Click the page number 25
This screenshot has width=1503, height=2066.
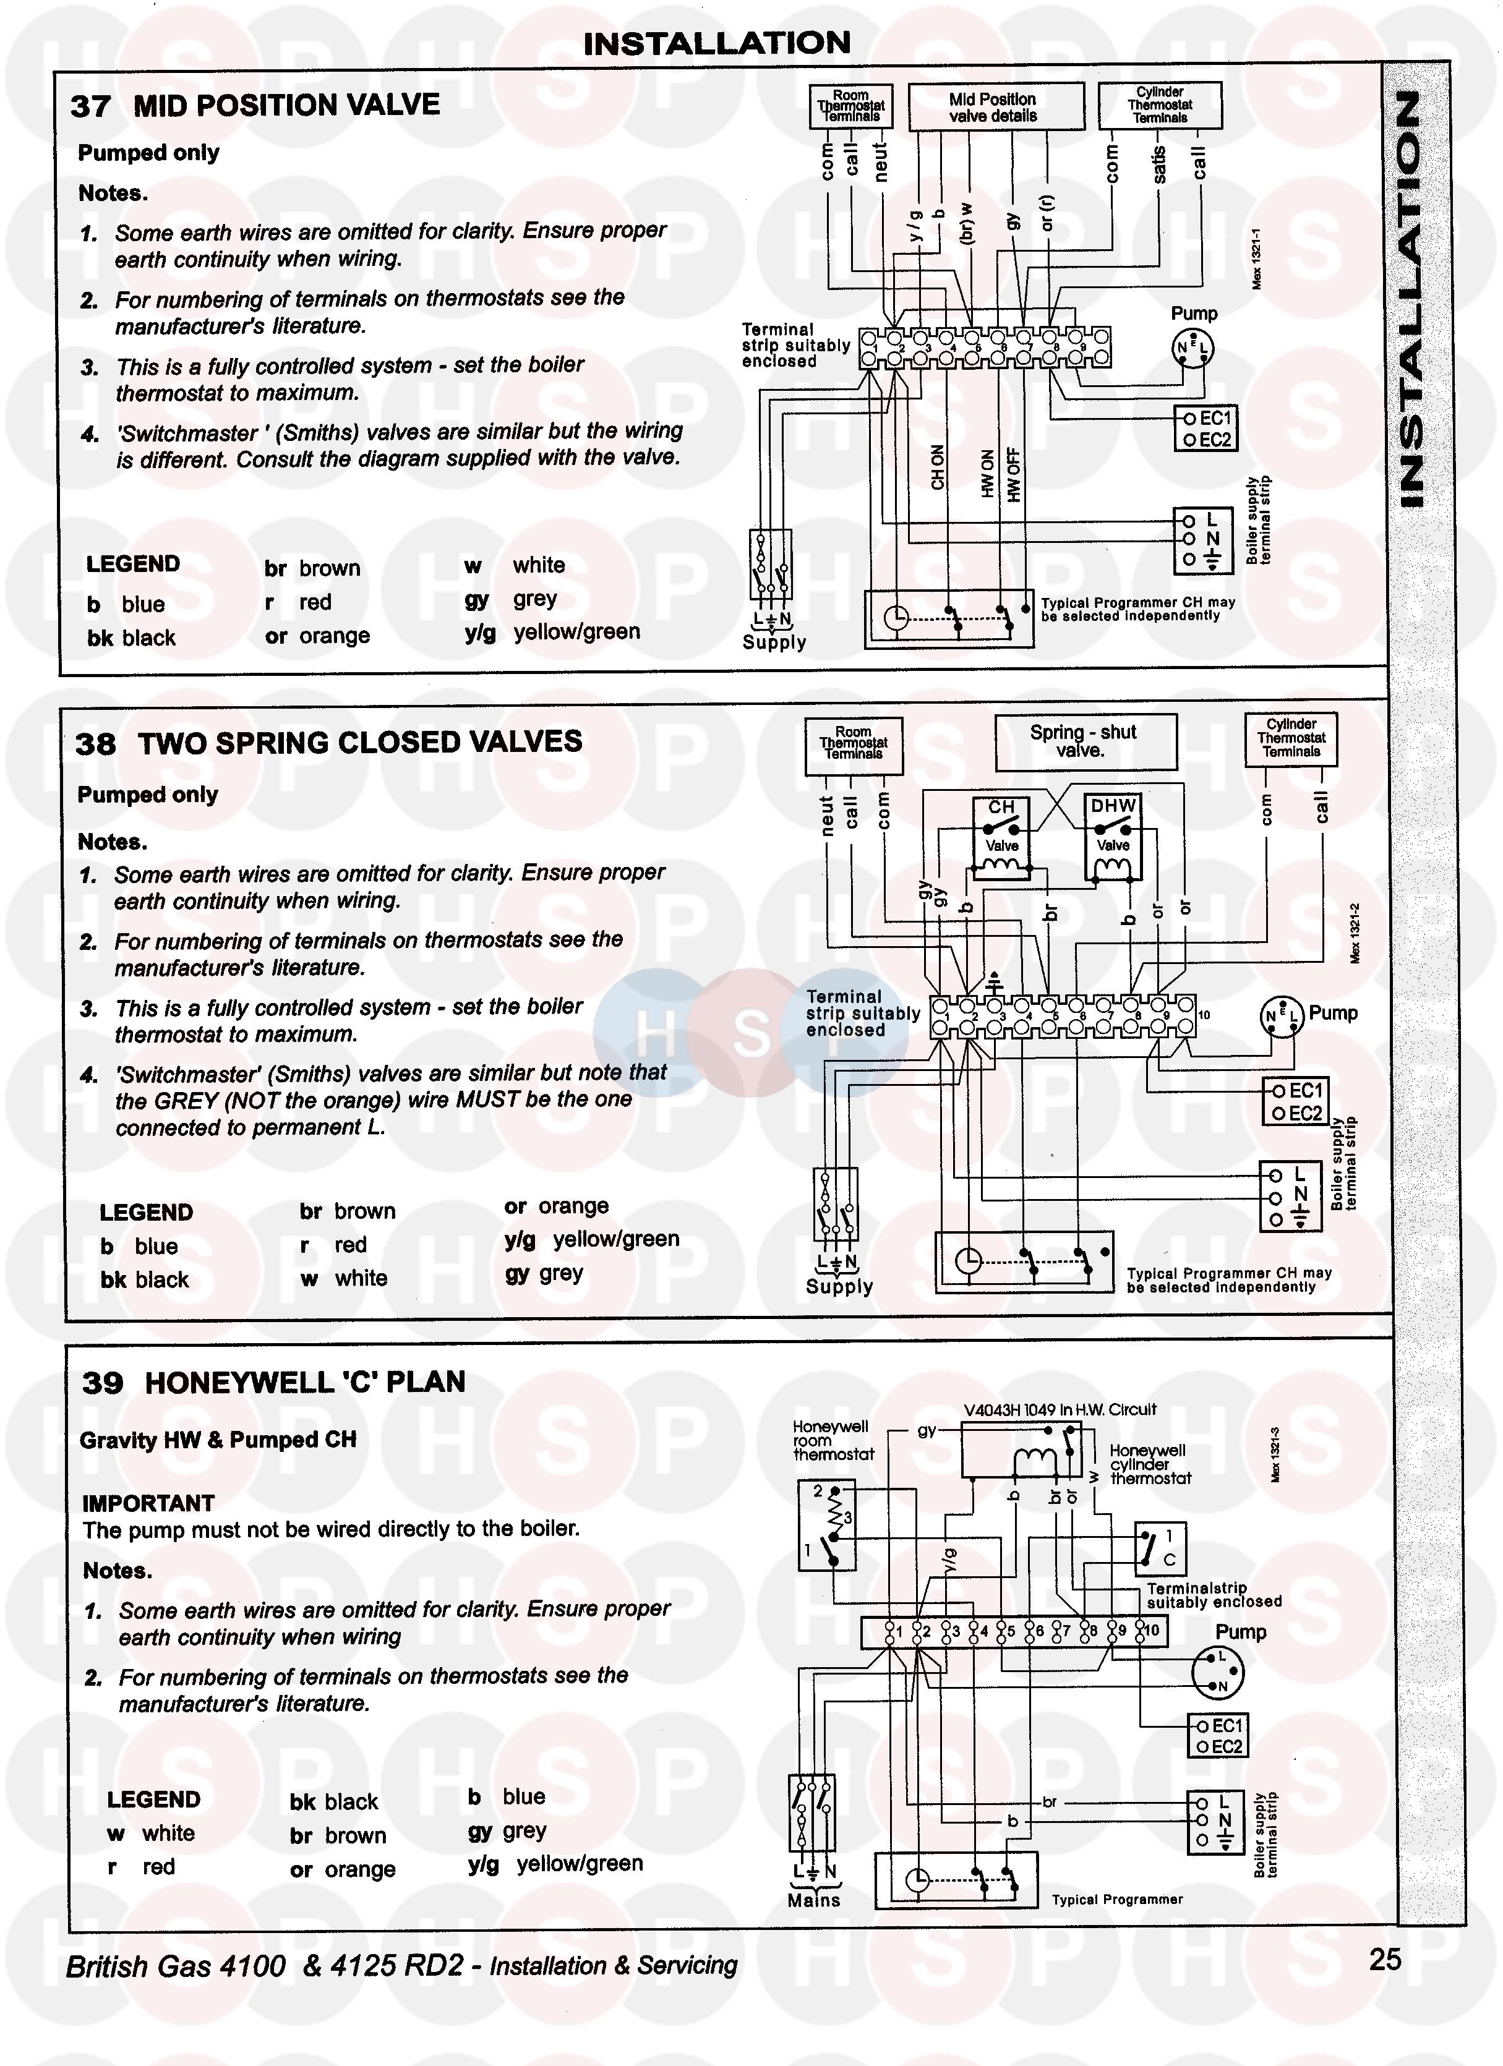tap(1385, 1958)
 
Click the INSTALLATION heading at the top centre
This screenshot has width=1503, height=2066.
tap(717, 43)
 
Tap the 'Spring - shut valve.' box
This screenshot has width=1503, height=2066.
tap(1084, 741)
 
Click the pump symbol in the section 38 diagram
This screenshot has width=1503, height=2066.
tap(1282, 1017)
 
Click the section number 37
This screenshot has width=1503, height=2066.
tap(90, 106)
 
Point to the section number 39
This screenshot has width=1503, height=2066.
tap(102, 1383)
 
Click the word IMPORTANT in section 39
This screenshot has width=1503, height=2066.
tap(148, 1503)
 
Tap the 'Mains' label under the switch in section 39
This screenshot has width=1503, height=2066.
tap(813, 1900)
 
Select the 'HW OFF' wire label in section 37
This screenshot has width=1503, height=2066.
tap(1014, 474)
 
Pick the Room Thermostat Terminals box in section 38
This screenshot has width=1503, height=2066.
tap(854, 743)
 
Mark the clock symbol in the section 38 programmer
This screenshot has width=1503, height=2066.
tap(969, 1261)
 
